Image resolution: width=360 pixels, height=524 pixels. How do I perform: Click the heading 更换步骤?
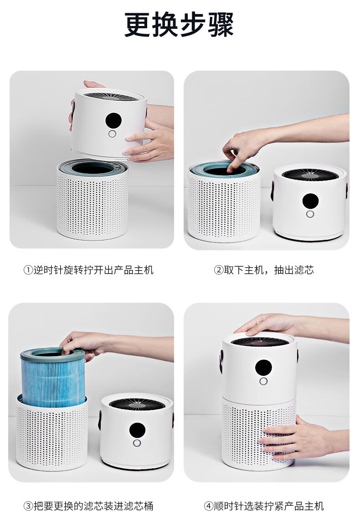179,25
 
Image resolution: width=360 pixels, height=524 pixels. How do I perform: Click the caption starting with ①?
88,270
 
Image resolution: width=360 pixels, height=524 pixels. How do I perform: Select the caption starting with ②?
264,270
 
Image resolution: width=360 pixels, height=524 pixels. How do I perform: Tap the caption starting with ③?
88,506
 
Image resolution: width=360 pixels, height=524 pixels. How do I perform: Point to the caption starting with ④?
264,506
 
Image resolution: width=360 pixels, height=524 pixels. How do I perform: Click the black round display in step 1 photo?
113,120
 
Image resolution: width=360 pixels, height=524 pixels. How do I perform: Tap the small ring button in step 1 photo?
112,134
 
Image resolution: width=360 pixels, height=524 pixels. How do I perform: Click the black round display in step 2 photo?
310,201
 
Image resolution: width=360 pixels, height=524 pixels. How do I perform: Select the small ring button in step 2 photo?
310,214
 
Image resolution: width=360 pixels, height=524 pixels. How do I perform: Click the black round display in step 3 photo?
137,431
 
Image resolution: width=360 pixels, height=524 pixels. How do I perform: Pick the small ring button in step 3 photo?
137,443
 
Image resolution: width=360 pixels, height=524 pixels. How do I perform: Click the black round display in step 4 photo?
263,368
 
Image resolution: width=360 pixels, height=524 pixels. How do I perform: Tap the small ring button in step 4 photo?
263,381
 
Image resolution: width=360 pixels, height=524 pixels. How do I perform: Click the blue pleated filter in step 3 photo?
53,378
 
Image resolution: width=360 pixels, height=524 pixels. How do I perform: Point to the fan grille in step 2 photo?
310,175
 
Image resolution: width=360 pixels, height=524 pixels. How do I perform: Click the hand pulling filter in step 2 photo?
244,147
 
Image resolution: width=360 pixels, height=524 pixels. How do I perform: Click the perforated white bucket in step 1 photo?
92,201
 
